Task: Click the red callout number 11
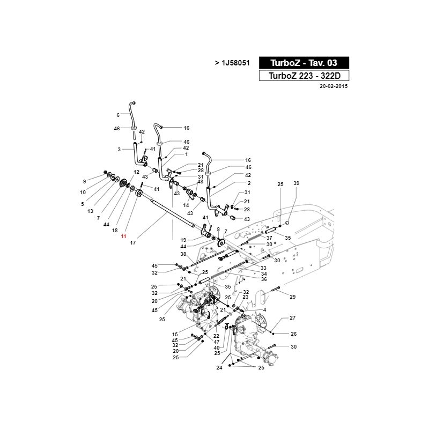[124, 236]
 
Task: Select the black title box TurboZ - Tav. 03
[304, 63]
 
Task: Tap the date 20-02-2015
[334, 86]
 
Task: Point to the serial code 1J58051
[235, 63]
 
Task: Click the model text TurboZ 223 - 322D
[304, 76]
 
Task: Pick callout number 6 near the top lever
[118, 115]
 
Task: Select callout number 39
[297, 183]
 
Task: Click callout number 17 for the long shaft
[133, 243]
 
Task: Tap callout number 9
[85, 181]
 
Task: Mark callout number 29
[292, 297]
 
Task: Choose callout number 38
[183, 254]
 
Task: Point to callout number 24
[219, 368]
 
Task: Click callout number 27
[292, 317]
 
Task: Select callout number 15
[175, 334]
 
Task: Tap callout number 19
[183, 240]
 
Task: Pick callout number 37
[269, 238]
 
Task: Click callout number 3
[119, 150]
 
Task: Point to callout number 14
[186, 205]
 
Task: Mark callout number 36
[264, 279]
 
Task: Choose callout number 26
[293, 334]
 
